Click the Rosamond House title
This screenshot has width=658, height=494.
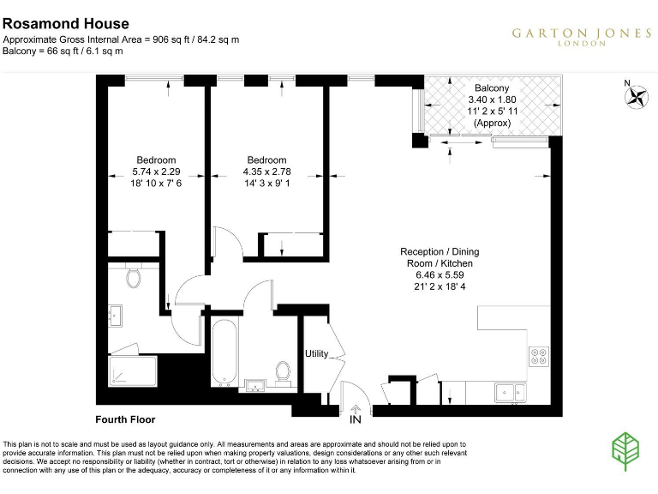(x=66, y=24)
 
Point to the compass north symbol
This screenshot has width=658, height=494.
(x=636, y=96)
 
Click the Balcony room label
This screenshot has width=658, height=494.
(x=491, y=88)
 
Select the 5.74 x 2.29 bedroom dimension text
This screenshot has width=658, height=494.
(x=156, y=172)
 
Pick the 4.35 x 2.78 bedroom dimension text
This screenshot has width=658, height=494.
(x=266, y=172)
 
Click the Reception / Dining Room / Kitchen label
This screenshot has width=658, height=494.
(x=440, y=257)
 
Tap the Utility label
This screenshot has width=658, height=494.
(x=316, y=353)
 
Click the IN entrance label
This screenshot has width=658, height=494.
(x=356, y=420)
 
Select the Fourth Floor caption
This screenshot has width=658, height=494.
(x=125, y=419)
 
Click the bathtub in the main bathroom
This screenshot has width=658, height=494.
(x=223, y=352)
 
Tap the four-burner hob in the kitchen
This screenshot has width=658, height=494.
(x=539, y=356)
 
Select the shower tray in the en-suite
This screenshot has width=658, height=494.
(x=133, y=371)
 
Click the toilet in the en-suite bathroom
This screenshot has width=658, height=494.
(x=133, y=276)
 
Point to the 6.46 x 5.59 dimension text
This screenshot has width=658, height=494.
(x=440, y=275)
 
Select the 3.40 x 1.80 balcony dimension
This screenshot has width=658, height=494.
(x=491, y=99)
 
